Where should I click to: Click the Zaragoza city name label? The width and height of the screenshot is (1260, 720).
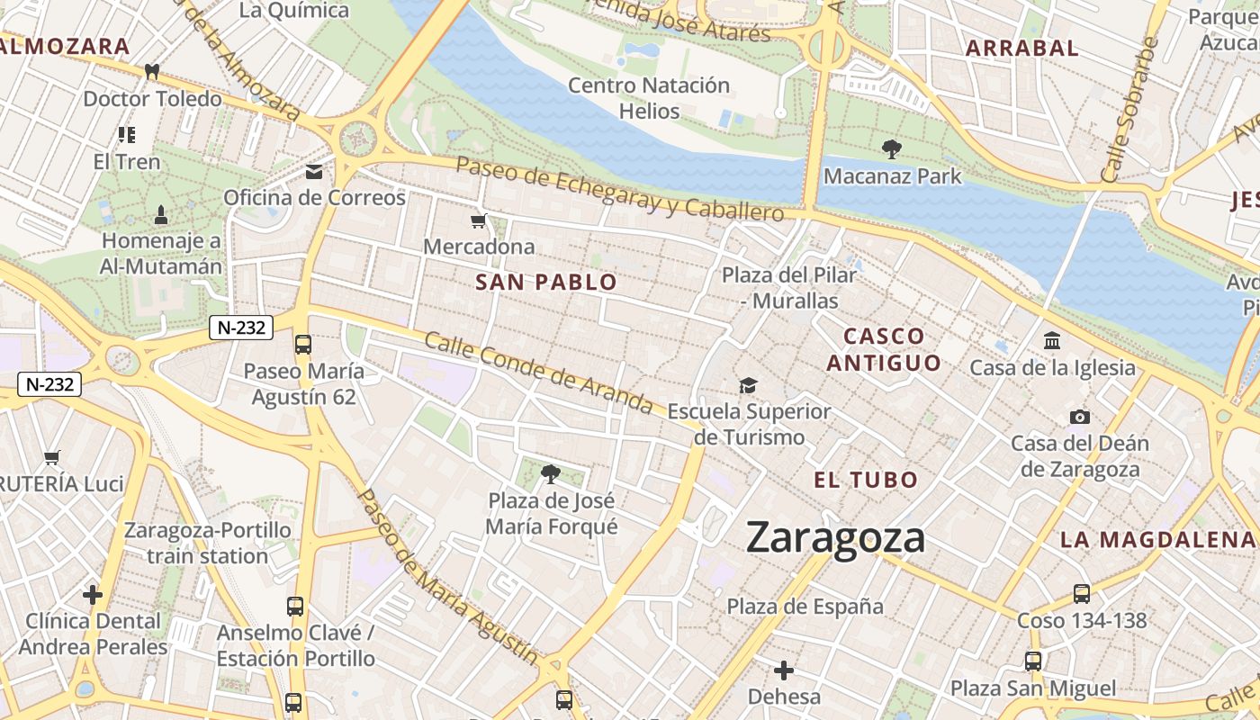835,538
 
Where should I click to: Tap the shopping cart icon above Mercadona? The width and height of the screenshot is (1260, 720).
479,220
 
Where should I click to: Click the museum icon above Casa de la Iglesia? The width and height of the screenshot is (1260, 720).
1051,341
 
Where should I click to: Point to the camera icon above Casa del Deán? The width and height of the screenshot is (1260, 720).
1079,417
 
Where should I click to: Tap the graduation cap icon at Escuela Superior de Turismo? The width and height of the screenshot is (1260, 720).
748,386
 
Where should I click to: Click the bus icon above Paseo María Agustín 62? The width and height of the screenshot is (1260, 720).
303,344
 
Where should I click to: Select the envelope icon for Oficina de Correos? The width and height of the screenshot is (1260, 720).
314,171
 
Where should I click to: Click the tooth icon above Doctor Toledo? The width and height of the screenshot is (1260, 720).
152,72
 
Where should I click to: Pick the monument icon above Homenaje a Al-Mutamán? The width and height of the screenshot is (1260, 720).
161,214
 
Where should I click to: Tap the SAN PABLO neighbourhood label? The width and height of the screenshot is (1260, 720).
546,283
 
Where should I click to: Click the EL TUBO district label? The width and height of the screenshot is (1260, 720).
866,480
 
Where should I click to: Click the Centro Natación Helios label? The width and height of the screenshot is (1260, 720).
649,98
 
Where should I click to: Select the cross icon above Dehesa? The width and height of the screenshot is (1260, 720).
784,670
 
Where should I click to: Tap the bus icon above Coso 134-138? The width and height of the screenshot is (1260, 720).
1082,594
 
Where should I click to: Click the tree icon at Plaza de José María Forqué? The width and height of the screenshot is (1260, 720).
551,473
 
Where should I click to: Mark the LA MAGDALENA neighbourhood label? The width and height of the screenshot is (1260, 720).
1157,540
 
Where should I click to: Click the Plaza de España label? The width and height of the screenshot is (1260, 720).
805,607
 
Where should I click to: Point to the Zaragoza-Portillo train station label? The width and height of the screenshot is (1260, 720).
208,543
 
